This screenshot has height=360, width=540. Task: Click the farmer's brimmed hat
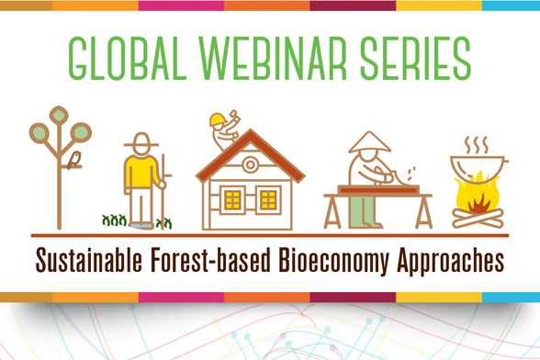[x=141, y=141]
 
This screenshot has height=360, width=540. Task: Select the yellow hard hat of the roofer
[x=217, y=119]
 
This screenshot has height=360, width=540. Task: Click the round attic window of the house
[x=250, y=166]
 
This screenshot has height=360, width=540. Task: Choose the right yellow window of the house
[x=268, y=198]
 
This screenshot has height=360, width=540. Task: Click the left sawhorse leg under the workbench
[x=332, y=212]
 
